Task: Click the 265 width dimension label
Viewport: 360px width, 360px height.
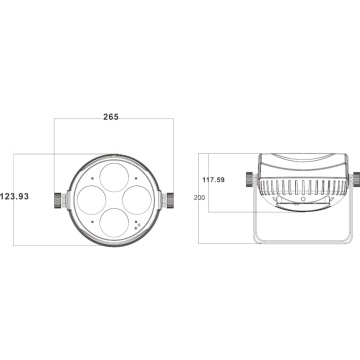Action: pyautogui.click(x=111, y=117)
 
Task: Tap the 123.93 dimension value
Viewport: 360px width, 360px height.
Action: pyautogui.click(x=14, y=196)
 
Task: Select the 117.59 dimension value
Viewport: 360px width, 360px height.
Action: pyautogui.click(x=214, y=180)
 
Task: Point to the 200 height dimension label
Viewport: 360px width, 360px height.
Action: pyautogui.click(x=199, y=197)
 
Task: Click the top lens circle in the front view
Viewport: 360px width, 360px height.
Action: pyautogui.click(x=114, y=177)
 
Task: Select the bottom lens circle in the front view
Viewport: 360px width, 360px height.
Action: pyautogui.click(x=114, y=223)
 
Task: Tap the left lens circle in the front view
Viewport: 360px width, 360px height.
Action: pyautogui.click(x=91, y=200)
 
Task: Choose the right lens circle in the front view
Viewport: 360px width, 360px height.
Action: pyautogui.click(x=137, y=200)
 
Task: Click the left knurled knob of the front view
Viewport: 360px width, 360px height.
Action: pyautogui.click(x=58, y=200)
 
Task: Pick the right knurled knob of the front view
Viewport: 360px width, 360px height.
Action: pyautogui.click(x=170, y=200)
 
